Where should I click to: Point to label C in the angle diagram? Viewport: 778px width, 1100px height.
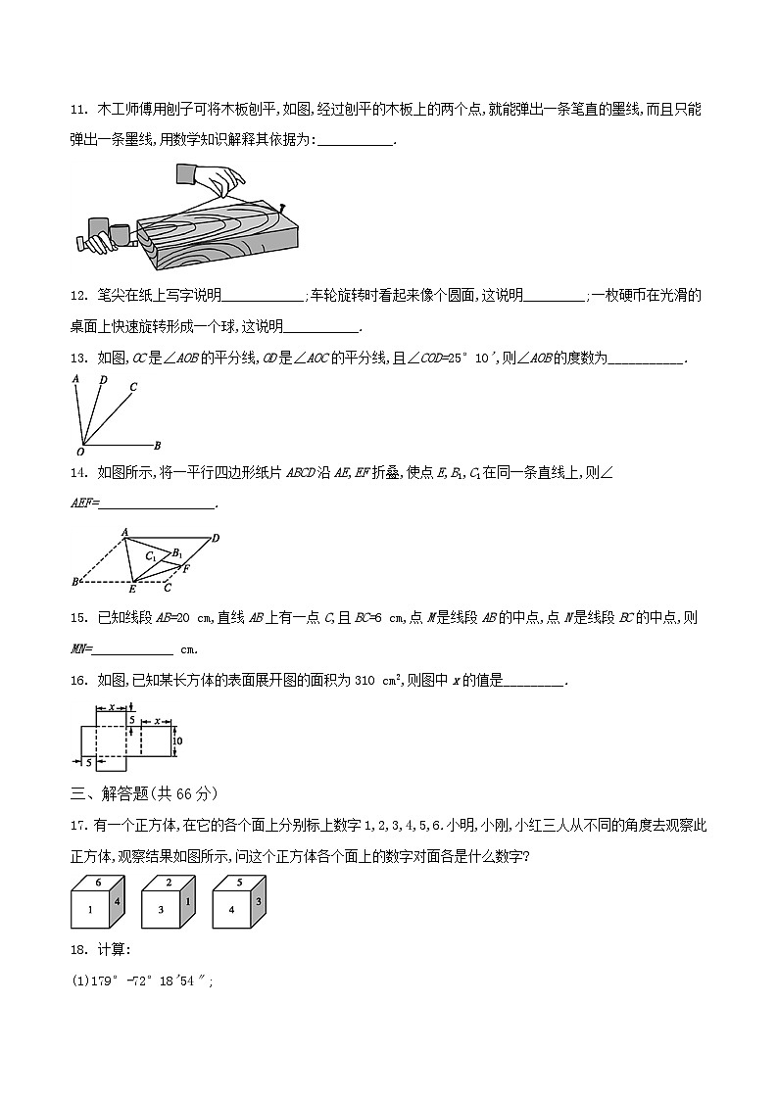(x=132, y=386)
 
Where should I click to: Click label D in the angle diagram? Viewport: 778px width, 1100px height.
(x=102, y=379)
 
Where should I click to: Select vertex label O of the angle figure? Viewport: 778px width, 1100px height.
(x=79, y=453)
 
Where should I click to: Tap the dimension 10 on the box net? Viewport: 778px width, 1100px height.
(x=176, y=742)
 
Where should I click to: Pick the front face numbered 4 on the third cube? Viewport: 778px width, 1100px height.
(x=231, y=910)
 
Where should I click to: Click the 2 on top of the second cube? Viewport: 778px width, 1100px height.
(x=169, y=882)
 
